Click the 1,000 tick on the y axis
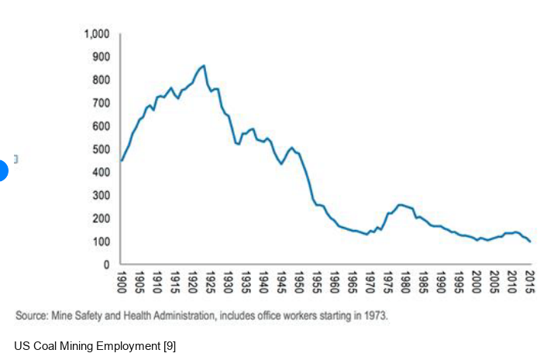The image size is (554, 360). point(97,34)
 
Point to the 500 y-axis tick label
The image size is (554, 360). point(100,149)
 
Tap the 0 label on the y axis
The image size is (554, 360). point(106,265)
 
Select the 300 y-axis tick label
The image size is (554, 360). point(100,195)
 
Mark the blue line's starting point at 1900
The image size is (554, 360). point(121,160)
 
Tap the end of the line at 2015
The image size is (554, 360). point(531,242)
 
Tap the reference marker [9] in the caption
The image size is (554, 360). point(170,345)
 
